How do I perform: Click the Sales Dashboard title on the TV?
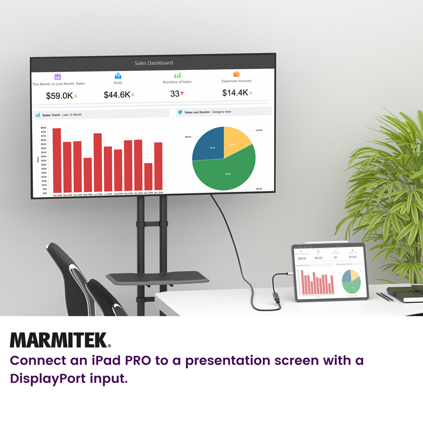[153, 63]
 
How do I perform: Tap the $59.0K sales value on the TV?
[59, 95]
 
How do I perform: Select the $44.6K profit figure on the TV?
[117, 95]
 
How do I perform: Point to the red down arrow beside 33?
[182, 94]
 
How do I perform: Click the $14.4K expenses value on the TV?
[235, 92]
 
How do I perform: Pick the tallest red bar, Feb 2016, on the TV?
[56, 160]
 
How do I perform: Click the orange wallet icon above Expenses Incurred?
[237, 74]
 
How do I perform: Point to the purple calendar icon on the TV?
[58, 77]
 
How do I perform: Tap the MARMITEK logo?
[60, 340]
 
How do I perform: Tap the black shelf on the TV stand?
[157, 277]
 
